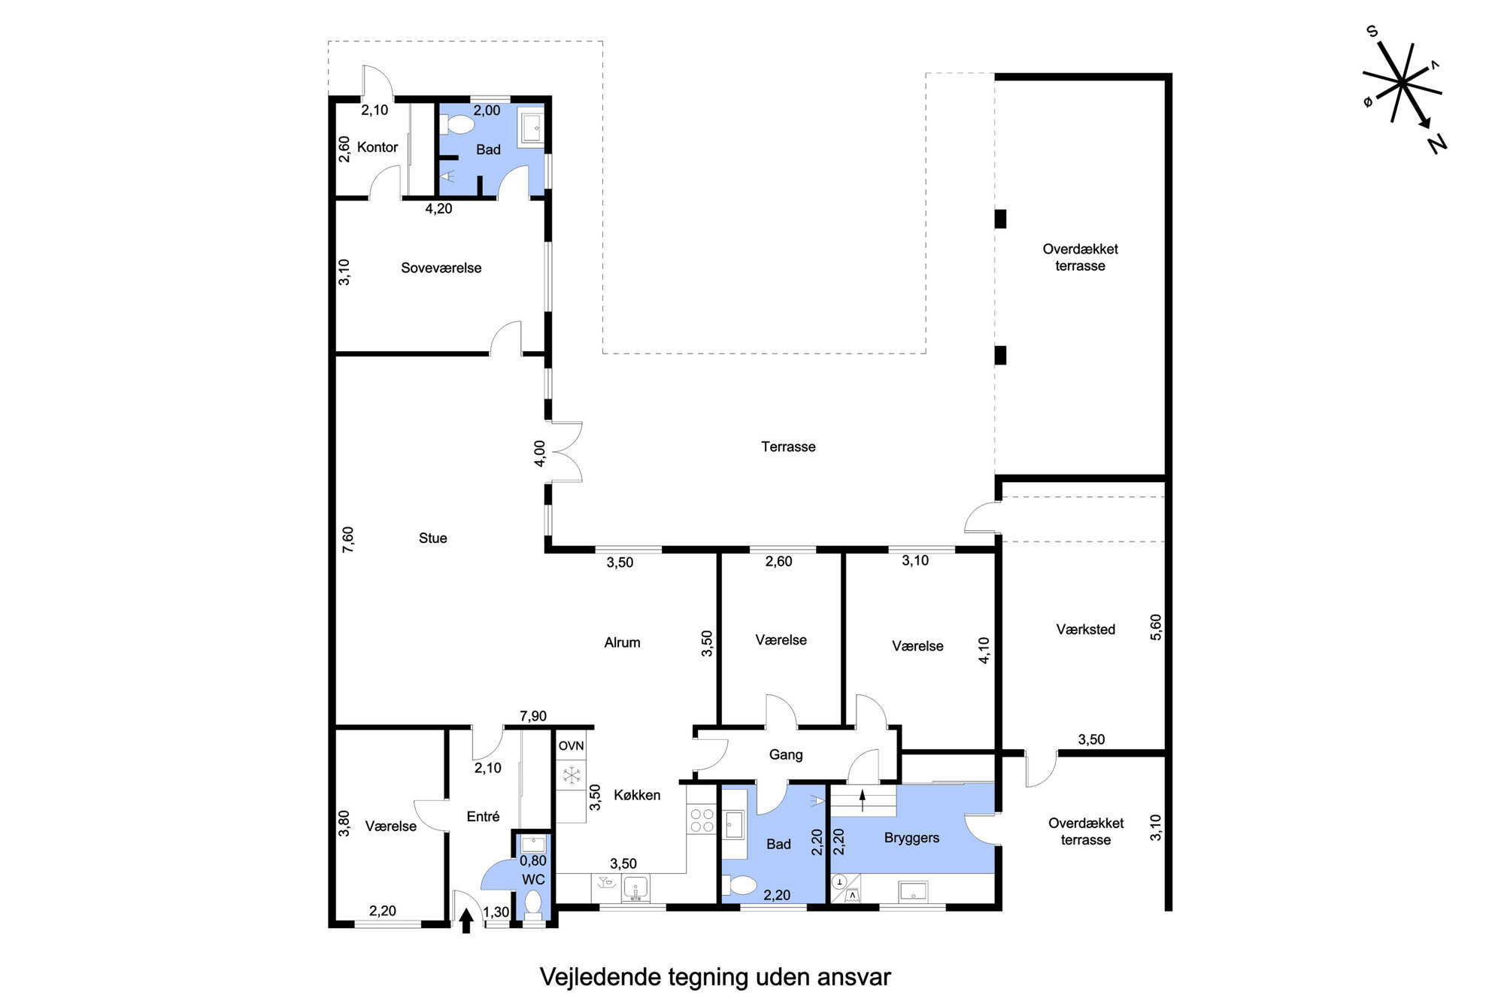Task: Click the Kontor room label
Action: [x=378, y=147]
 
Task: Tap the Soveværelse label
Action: [x=441, y=268]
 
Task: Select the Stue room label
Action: [x=432, y=538]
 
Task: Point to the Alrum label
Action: [x=622, y=642]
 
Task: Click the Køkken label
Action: [x=637, y=795]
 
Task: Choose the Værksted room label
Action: [x=1085, y=629]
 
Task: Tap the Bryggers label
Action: [x=911, y=838]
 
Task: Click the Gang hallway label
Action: [x=786, y=754]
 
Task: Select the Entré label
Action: [x=483, y=816]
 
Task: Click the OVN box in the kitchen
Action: [x=571, y=745]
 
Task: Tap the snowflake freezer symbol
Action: [x=572, y=774]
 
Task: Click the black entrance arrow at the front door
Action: [x=466, y=921]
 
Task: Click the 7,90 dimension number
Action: [x=533, y=716]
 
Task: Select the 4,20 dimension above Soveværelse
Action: [x=438, y=208]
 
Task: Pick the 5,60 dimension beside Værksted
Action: [x=1156, y=627]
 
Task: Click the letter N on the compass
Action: [x=1436, y=143]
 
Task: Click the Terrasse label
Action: [x=788, y=447]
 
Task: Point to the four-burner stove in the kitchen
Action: [x=702, y=820]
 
